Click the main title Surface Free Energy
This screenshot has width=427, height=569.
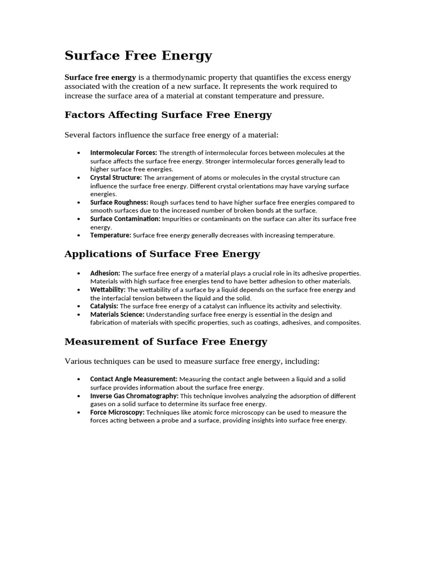pyautogui.click(x=138, y=56)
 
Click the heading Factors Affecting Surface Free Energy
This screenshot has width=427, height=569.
pyautogui.click(x=168, y=115)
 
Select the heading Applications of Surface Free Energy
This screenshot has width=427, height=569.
pyautogui.click(x=162, y=254)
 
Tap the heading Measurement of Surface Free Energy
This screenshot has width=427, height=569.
pyautogui.click(x=166, y=342)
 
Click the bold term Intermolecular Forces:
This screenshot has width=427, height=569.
pyautogui.click(x=123, y=153)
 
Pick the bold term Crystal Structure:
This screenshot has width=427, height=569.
pyautogui.click(x=116, y=178)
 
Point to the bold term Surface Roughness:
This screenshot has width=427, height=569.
pyautogui.click(x=119, y=203)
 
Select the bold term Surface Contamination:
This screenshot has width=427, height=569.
pyautogui.click(x=125, y=219)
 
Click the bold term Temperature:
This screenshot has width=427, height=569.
pyautogui.click(x=111, y=236)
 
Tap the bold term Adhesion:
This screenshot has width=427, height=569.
pyautogui.click(x=105, y=273)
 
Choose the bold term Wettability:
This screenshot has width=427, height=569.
pyautogui.click(x=108, y=290)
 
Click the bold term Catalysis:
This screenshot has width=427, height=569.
pyautogui.click(x=104, y=306)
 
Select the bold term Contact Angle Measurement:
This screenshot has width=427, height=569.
pyautogui.click(x=133, y=379)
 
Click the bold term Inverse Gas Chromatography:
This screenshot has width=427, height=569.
pyautogui.click(x=134, y=396)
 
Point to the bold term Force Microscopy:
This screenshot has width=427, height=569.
pyautogui.click(x=117, y=413)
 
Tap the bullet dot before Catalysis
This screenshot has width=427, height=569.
pyautogui.click(x=78, y=307)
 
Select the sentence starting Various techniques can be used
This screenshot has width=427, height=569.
pyautogui.click(x=192, y=362)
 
